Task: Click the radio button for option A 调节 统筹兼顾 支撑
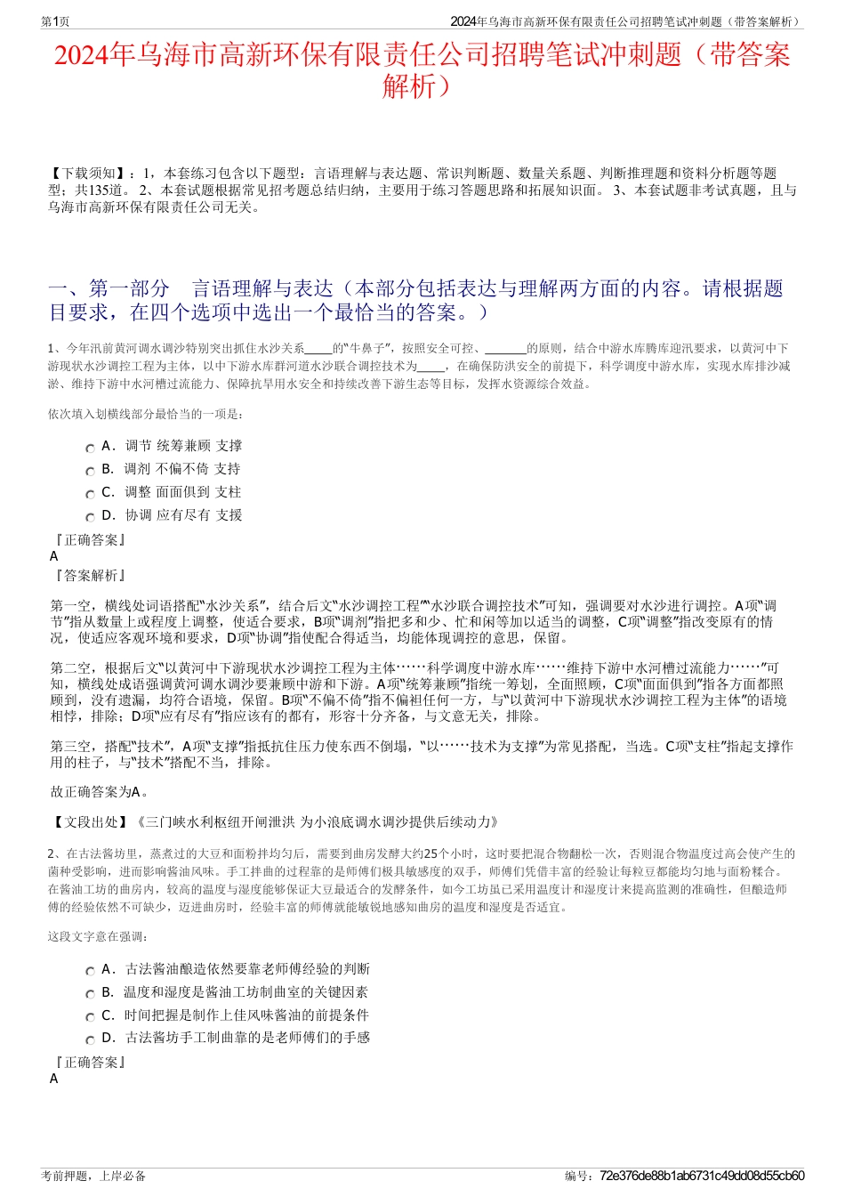90,449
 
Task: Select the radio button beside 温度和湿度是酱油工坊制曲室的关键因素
90,994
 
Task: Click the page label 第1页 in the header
56,21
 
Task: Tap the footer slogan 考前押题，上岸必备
93,1176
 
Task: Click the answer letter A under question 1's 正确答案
54,556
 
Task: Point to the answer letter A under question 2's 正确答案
54,1079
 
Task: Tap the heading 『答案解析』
89,576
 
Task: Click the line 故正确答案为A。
101,791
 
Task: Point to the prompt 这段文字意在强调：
98,936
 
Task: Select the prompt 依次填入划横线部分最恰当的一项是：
146,414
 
